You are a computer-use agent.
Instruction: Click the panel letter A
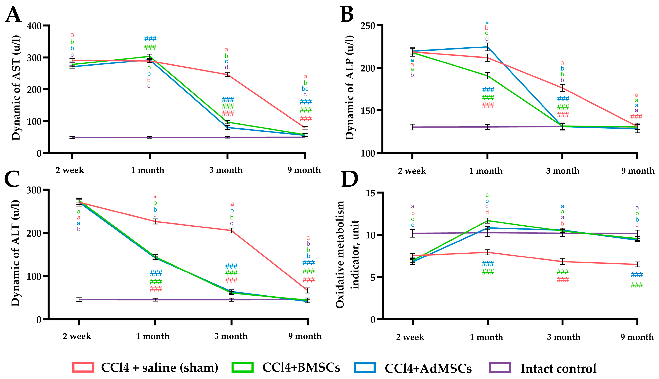(13, 15)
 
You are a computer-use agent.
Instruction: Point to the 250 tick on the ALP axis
(368, 26)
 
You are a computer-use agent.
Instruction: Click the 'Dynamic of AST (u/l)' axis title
(16, 88)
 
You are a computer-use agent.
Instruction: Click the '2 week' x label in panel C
(77, 336)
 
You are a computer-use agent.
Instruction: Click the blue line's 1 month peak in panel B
(487, 47)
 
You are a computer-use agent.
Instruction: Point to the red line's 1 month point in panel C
(155, 221)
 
